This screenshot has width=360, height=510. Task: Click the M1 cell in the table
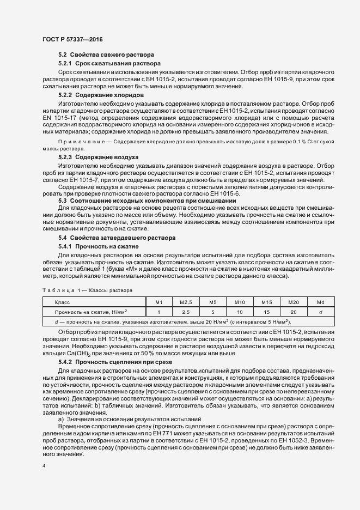(159, 302)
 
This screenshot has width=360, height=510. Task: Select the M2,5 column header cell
(186, 302)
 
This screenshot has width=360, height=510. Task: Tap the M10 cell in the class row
(240, 302)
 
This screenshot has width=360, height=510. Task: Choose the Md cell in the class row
(320, 302)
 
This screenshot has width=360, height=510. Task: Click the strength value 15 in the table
(266, 312)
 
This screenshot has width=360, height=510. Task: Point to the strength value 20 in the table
(294, 312)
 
